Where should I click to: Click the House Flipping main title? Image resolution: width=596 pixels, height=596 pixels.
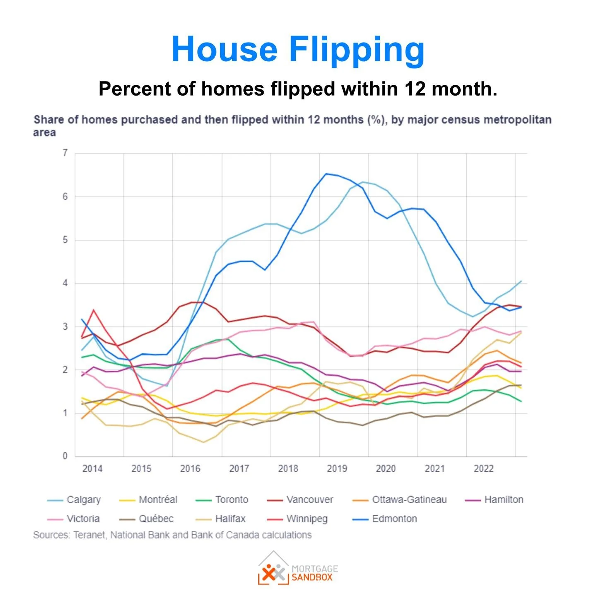click(298, 49)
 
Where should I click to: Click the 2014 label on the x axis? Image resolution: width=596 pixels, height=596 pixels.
click(92, 469)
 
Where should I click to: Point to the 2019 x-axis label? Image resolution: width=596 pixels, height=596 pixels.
click(337, 469)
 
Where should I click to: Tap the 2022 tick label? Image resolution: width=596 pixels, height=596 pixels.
click(483, 469)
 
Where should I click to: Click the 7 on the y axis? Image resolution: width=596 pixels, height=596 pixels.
click(65, 153)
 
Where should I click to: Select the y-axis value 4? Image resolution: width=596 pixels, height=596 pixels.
click(65, 283)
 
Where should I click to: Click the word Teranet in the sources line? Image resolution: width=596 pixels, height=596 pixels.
click(90, 535)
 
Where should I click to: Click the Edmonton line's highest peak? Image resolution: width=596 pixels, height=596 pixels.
click(327, 174)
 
